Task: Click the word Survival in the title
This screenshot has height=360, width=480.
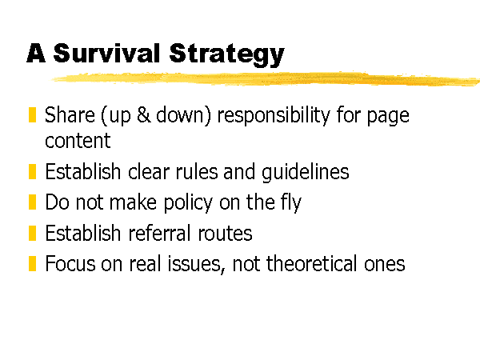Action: click(106, 53)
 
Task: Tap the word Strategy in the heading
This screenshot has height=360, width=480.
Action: click(227, 55)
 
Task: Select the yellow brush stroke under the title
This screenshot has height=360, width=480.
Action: click(265, 78)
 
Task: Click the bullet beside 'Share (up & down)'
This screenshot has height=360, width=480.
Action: click(32, 114)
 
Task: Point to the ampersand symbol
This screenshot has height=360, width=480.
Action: click(143, 114)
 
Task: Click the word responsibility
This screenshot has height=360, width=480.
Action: click(274, 116)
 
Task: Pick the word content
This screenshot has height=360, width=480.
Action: click(78, 141)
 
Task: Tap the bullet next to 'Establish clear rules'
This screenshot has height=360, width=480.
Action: click(32, 171)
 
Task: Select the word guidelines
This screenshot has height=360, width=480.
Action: click(306, 172)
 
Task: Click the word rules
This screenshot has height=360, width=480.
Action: click(197, 171)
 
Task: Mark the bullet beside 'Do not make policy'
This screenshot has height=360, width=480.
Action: click(32, 202)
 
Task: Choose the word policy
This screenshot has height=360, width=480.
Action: click(188, 203)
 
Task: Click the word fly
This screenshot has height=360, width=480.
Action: click(291, 203)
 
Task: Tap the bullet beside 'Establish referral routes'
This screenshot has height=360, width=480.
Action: click(32, 233)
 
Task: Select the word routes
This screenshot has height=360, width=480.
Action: click(225, 234)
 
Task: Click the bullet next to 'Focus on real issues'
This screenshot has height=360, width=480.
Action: click(32, 263)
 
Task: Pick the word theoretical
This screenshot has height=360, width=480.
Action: click(312, 263)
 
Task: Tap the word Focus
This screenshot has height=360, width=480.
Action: click(70, 263)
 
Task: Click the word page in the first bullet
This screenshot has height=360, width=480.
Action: click(388, 117)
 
